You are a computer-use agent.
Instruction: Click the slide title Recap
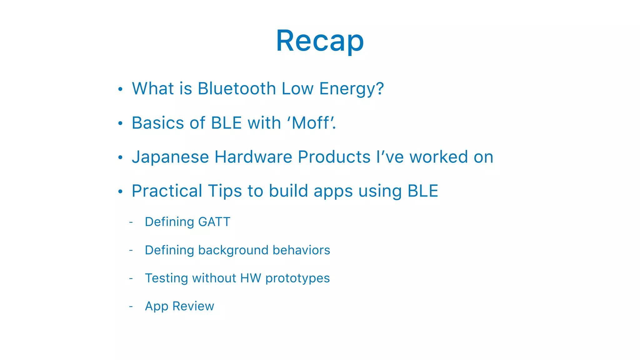[x=320, y=41]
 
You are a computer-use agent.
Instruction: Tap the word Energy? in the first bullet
[x=351, y=89]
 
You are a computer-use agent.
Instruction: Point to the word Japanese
[x=170, y=157]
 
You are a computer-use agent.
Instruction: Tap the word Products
[x=334, y=157]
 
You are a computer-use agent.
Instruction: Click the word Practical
[x=167, y=191]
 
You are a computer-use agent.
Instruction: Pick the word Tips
[x=225, y=191]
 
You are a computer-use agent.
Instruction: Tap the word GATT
[x=214, y=222]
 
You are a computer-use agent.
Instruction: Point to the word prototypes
[x=297, y=278]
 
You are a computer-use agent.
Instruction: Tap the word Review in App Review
[x=193, y=306]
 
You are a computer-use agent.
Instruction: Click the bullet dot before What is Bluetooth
[x=120, y=89]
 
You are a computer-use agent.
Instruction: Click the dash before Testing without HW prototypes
[x=131, y=278]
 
